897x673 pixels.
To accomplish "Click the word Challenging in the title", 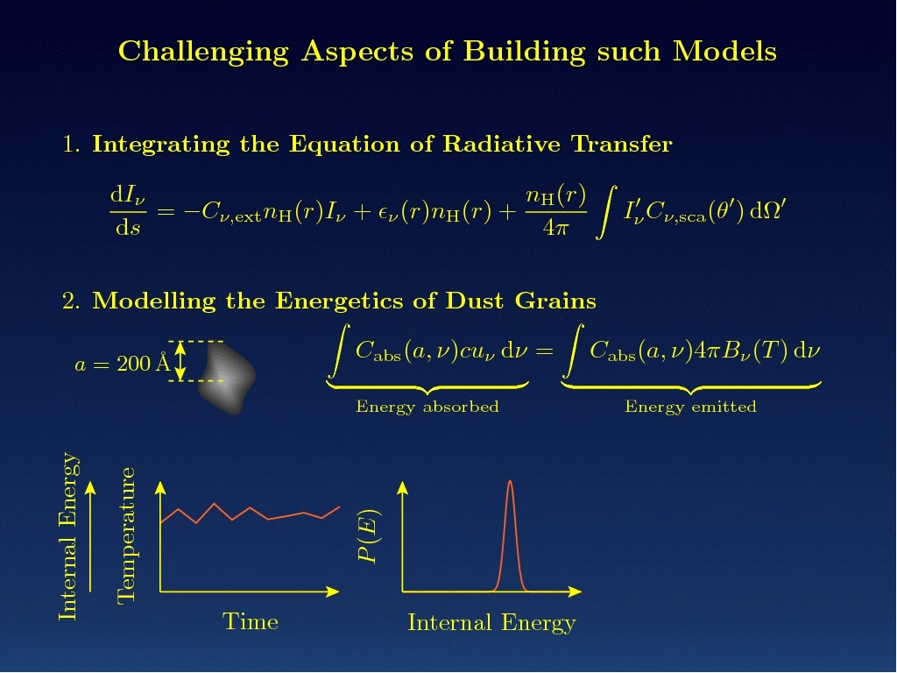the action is [203, 52].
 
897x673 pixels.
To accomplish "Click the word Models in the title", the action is [724, 52].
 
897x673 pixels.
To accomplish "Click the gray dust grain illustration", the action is [227, 377].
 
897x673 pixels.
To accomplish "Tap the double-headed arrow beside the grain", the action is [180, 361].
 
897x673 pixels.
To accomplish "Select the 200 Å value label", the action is [144, 363].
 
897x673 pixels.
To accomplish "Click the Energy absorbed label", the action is [427, 407].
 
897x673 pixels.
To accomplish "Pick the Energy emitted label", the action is [690, 407].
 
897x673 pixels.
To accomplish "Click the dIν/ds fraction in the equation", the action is [128, 211].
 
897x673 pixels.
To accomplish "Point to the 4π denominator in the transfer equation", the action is [555, 227].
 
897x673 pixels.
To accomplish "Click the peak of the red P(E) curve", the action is [510, 481].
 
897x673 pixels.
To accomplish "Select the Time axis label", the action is [250, 621].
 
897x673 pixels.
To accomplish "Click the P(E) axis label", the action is [369, 536].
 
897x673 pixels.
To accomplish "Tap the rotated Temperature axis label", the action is [126, 535].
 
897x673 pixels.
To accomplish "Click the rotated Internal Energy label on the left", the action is [68, 536].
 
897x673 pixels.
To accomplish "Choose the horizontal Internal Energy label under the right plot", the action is [491, 623].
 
